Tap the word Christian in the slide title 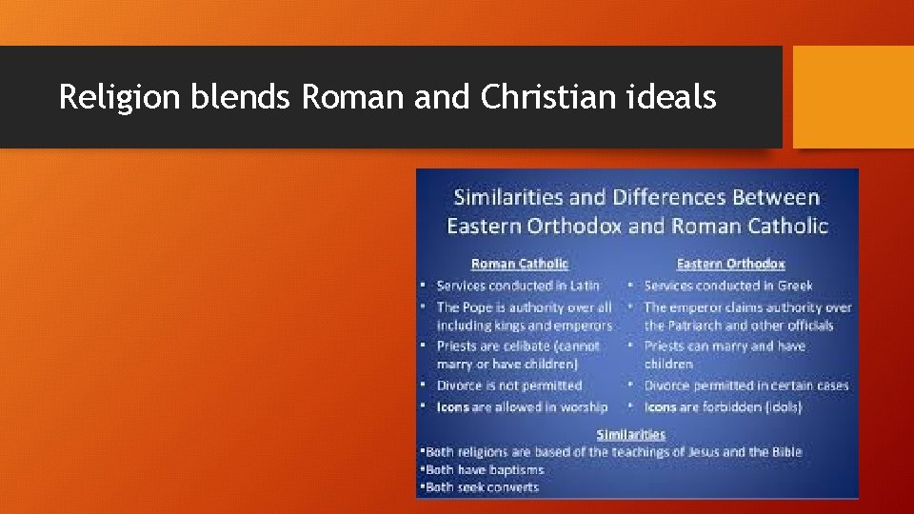click(x=537, y=97)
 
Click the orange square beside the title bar click(x=853, y=97)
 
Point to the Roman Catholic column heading click(x=520, y=264)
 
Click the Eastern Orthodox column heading click(x=730, y=264)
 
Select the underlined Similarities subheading click(x=630, y=435)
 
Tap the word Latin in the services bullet click(x=585, y=286)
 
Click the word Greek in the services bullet click(x=793, y=286)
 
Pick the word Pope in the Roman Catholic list click(x=479, y=307)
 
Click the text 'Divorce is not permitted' click(x=509, y=385)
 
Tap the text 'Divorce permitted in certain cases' click(x=746, y=385)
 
